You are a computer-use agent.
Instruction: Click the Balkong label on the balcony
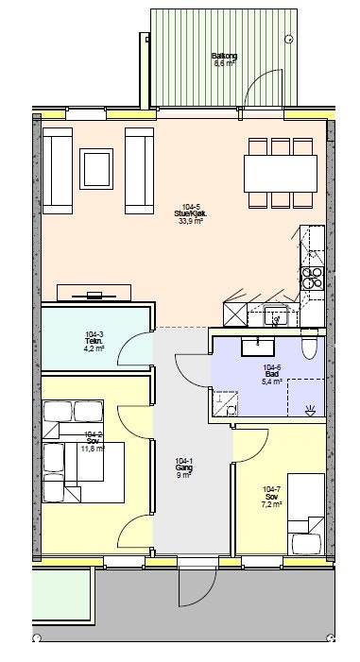point(224,57)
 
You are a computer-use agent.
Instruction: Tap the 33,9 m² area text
point(192,220)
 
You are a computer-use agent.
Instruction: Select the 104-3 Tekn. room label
point(94,337)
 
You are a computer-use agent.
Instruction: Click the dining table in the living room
point(280,172)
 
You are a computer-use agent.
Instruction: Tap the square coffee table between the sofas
point(97,168)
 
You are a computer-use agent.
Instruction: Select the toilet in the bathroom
point(308,348)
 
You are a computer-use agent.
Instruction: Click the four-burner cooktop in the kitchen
point(312,277)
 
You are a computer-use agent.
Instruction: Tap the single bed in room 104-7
point(305,514)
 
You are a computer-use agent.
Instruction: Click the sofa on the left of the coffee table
point(57,167)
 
